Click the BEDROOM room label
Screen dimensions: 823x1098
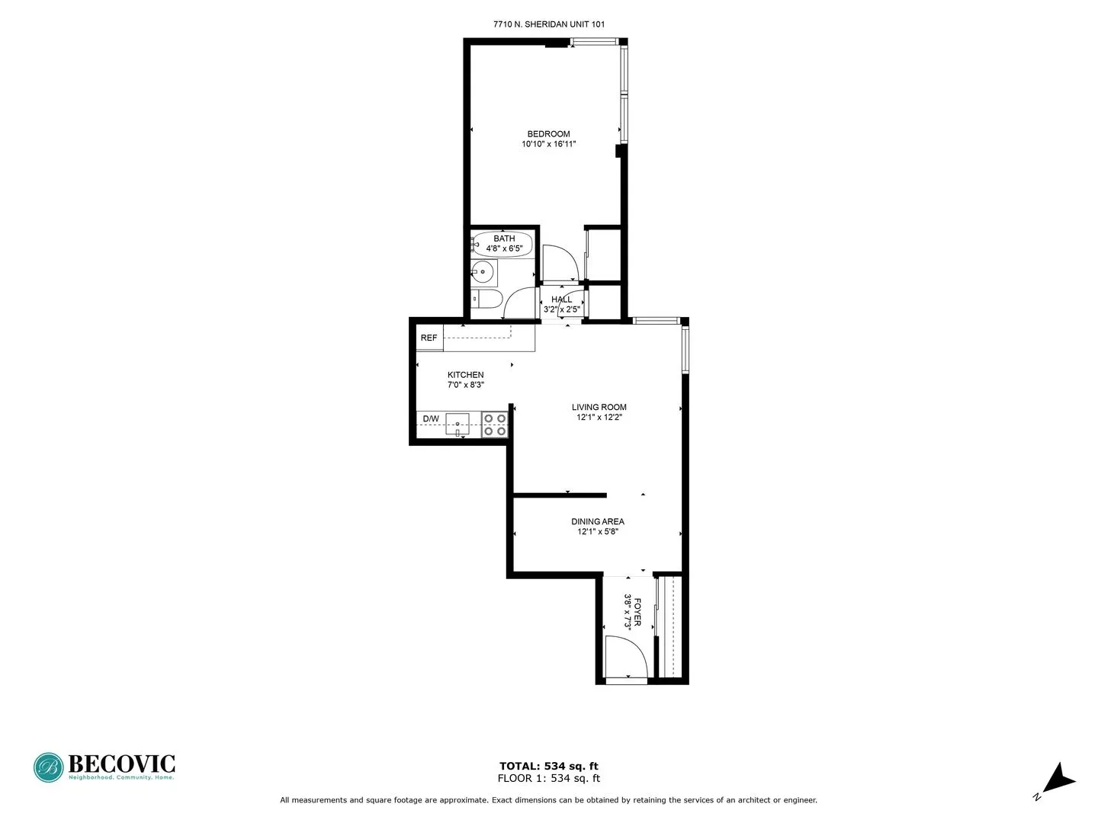pos(548,134)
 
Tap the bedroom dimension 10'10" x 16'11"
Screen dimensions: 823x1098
pos(548,144)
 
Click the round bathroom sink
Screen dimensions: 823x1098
pos(482,271)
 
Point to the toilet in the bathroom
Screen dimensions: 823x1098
pos(485,298)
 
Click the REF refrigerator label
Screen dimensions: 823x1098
pos(429,338)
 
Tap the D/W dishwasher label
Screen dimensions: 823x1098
pos(431,419)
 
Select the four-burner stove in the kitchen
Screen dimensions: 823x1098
pos(495,425)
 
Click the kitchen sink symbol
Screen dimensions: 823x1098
pos(457,424)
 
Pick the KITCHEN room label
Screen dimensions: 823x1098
pos(465,375)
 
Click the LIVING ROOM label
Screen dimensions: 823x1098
pos(599,407)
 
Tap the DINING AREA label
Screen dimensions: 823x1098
pos(598,522)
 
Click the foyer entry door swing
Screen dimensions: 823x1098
pos(625,656)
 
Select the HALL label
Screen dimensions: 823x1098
pos(562,299)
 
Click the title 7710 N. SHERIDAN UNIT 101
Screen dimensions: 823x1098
pos(549,24)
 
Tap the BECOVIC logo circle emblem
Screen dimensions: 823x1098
pos(49,767)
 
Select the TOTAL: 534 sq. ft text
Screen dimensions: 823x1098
pos(548,766)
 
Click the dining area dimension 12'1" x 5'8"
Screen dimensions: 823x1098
pos(598,532)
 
